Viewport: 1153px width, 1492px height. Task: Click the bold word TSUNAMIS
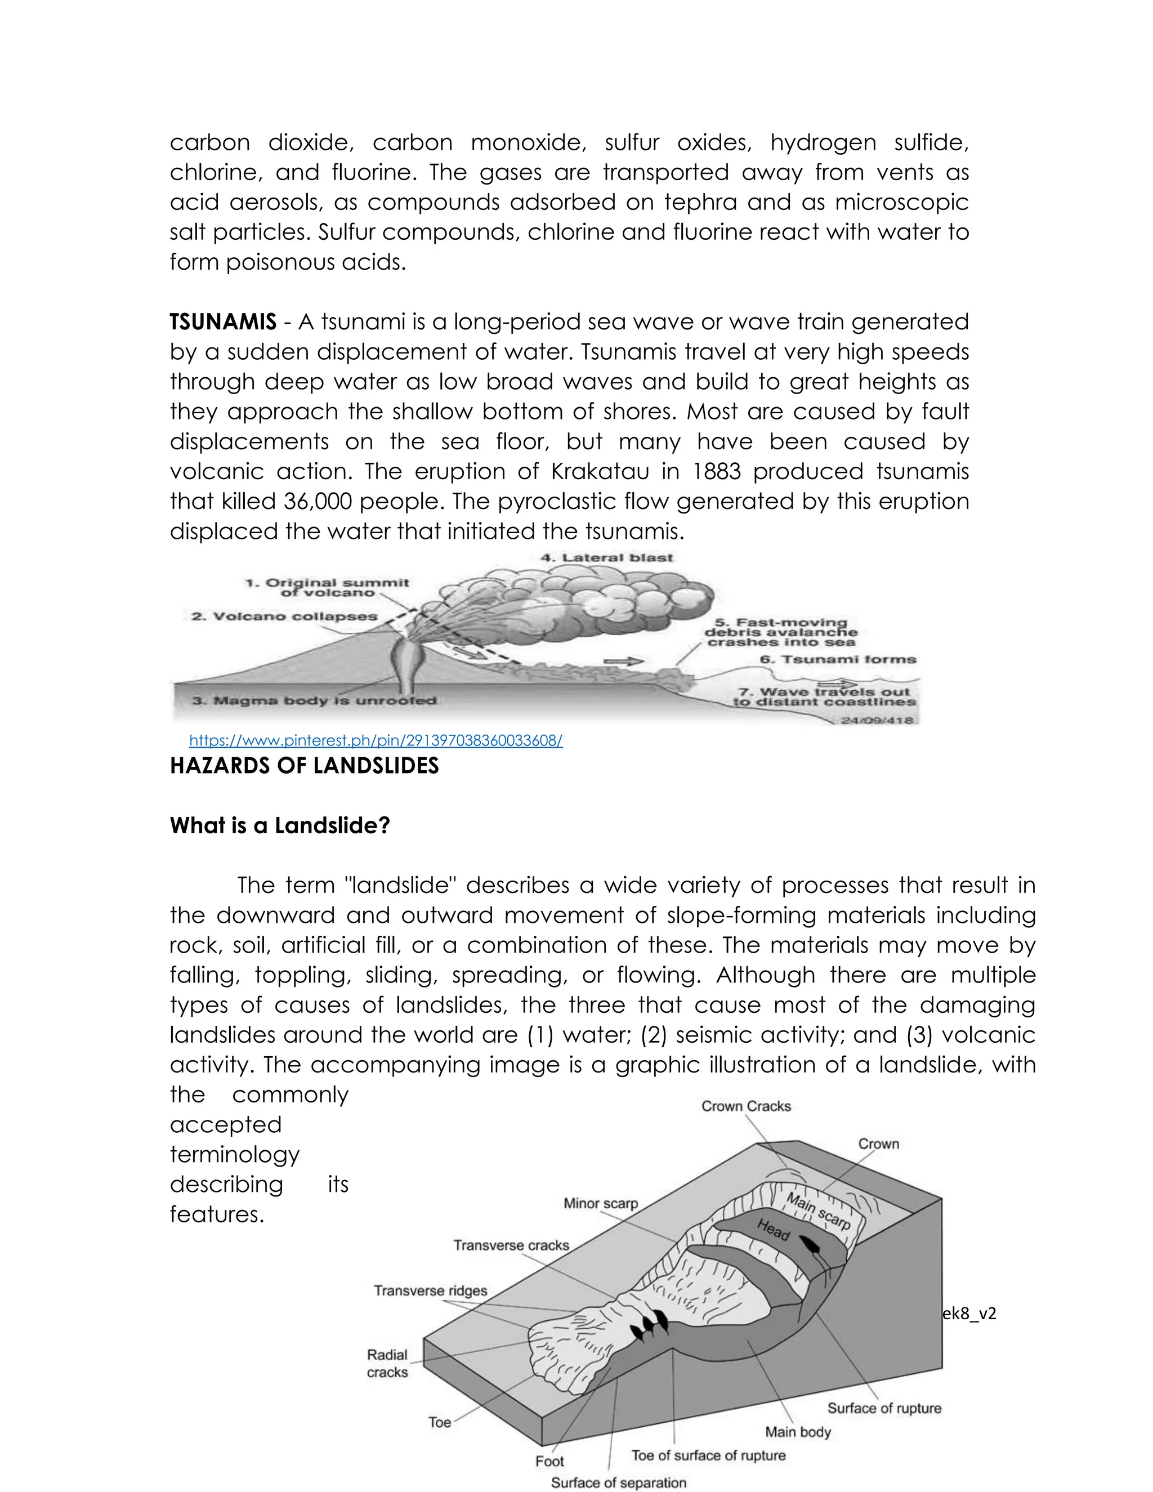(x=223, y=321)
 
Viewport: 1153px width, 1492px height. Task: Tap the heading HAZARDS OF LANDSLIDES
(x=304, y=766)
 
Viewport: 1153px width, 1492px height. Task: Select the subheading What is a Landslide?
(x=279, y=825)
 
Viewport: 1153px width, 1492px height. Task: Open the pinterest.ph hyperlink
(x=376, y=740)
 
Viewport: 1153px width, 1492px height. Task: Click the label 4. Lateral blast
(x=606, y=557)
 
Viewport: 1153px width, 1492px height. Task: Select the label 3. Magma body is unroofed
(x=314, y=700)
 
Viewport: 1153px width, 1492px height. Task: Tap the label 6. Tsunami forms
(x=838, y=659)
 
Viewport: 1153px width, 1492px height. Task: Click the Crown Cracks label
(x=746, y=1106)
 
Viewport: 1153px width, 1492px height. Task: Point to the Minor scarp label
(x=600, y=1203)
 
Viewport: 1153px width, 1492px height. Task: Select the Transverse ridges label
(x=430, y=1290)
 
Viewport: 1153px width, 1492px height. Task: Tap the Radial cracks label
(x=387, y=1363)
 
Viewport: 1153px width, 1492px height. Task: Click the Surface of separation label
(x=618, y=1482)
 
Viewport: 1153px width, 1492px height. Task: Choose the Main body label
(x=798, y=1431)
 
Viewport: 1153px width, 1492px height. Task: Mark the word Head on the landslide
(x=773, y=1229)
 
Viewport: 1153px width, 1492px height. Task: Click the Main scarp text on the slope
(x=817, y=1210)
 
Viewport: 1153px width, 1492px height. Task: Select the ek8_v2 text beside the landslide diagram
(x=969, y=1313)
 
